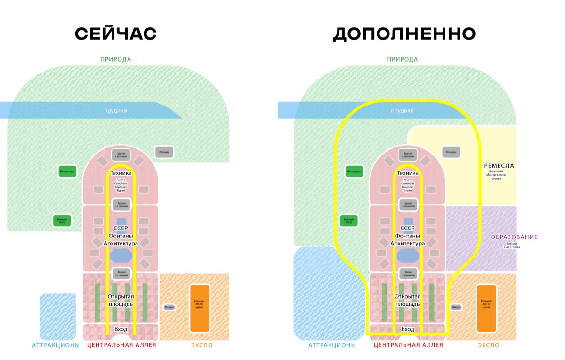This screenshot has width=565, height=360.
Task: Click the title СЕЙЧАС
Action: point(116,34)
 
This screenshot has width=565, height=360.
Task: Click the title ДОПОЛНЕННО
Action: point(404,34)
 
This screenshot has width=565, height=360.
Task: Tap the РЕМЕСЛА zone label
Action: point(499,166)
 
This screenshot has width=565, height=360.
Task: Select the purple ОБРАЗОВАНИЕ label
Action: point(514,237)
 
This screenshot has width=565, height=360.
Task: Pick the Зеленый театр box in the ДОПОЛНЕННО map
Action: point(349,221)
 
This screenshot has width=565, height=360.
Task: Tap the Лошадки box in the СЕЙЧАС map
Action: point(164,152)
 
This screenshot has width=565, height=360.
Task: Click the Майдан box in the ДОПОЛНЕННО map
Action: point(456,307)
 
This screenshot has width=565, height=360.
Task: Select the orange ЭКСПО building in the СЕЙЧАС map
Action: point(199,308)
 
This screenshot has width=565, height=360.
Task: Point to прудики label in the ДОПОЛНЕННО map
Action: point(403,110)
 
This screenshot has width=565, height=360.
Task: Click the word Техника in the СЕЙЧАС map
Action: point(121,173)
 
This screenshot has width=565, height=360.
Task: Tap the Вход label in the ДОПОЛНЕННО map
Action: point(408,329)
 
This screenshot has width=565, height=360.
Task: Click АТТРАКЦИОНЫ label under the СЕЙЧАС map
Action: point(56,345)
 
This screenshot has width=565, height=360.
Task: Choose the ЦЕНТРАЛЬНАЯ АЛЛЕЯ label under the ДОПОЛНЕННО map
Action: point(408,345)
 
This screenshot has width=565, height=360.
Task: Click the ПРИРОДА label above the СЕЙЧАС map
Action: point(115,59)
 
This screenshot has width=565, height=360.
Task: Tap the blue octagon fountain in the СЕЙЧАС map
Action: point(121,256)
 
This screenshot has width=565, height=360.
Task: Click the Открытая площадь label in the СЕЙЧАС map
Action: point(121,300)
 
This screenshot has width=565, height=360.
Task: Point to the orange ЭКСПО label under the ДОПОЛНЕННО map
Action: point(489,345)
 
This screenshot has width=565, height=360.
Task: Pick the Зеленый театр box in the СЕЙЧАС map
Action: point(62,221)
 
